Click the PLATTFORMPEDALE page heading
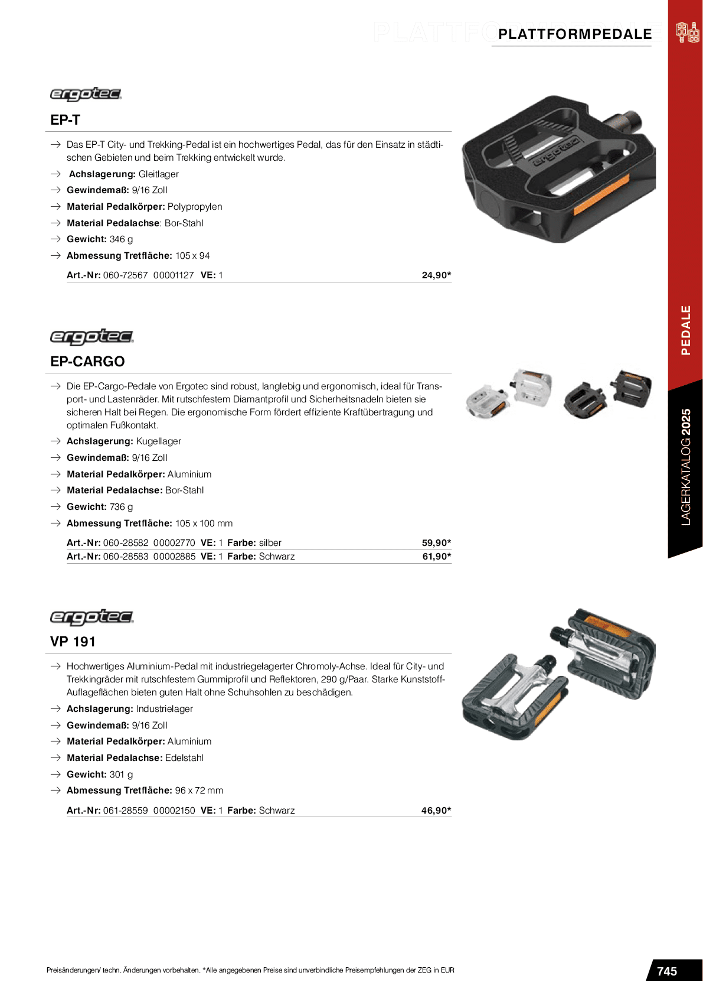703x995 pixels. click(575, 34)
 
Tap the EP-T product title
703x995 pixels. click(65, 120)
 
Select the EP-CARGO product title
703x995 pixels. click(87, 362)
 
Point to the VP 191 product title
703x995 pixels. click(73, 642)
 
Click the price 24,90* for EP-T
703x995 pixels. click(436, 275)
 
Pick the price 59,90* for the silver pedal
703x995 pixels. click(436, 543)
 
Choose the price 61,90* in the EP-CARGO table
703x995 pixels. click(436, 557)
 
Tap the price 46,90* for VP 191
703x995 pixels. click(436, 811)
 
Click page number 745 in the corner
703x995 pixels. click(667, 971)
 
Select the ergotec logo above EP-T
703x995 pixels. click(86, 95)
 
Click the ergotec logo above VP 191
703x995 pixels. click(91, 617)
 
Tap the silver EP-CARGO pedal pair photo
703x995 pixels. click(509, 393)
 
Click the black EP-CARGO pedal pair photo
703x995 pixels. click(608, 393)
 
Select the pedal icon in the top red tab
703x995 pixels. click(688, 32)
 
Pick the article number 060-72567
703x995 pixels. click(125, 275)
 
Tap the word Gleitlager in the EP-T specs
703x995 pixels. click(158, 174)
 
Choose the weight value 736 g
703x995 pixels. click(121, 507)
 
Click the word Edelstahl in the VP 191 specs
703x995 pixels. click(184, 758)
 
